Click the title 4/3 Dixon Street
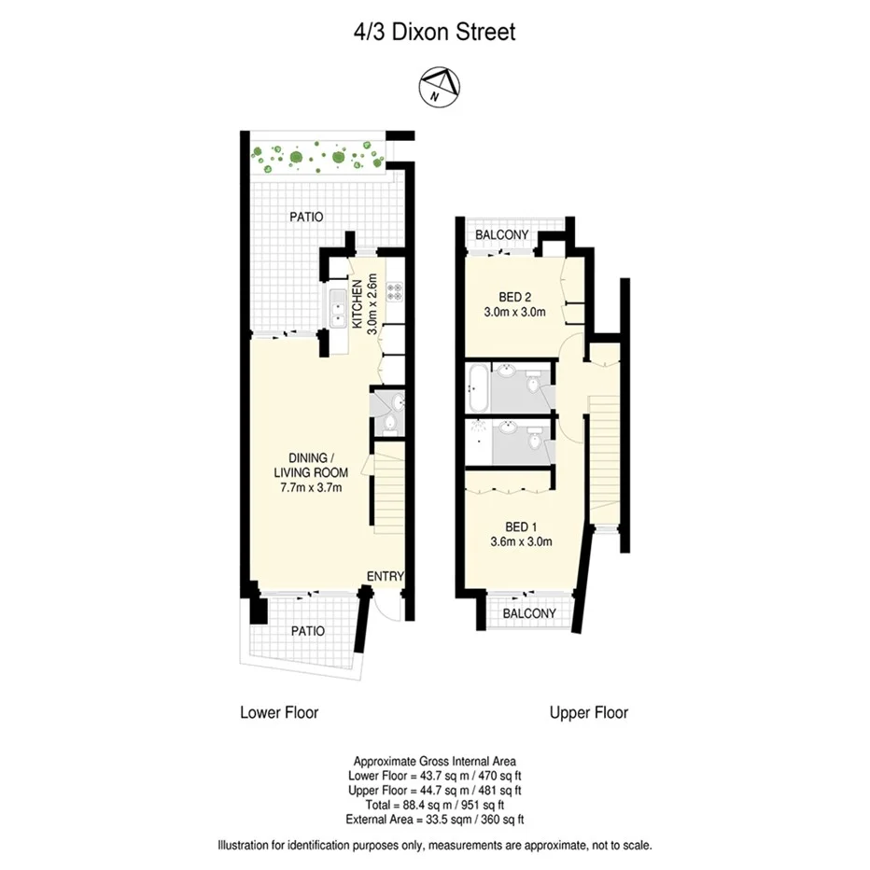[434, 33]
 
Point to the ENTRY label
[385, 577]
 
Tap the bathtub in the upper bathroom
[476, 388]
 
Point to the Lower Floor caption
[279, 712]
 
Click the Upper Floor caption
[589, 712]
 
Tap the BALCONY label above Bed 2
[502, 234]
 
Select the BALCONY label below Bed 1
[529, 613]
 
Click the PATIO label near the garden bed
[305, 217]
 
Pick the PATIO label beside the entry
[307, 631]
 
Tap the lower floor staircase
[388, 489]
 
